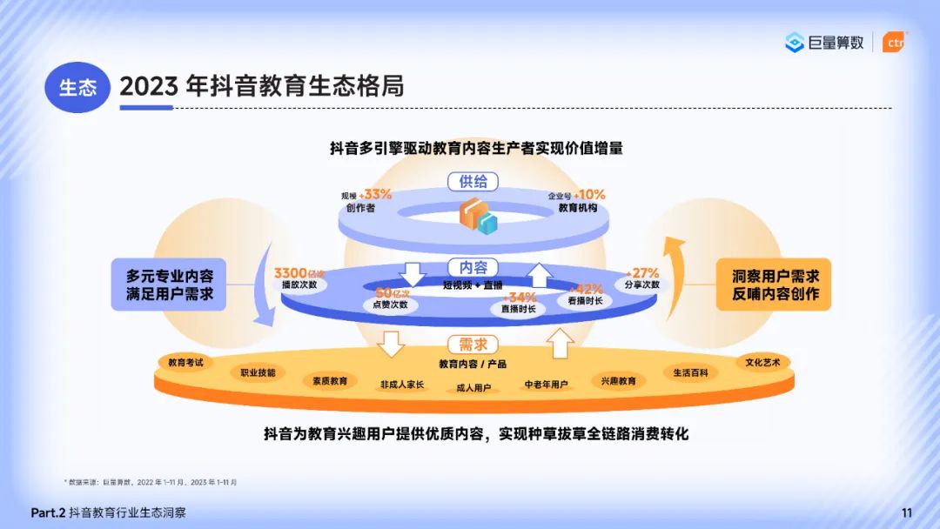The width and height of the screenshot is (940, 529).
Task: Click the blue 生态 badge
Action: click(77, 87)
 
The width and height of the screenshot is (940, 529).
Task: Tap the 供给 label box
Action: click(473, 181)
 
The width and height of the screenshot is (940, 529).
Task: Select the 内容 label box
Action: click(473, 267)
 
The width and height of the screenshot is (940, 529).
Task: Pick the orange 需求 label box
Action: click(473, 345)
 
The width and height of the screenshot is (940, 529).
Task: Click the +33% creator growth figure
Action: click(376, 194)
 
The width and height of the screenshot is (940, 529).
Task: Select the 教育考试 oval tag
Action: click(185, 362)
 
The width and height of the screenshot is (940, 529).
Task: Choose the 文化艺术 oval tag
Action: click(762, 362)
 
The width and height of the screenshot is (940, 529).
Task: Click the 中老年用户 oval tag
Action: click(546, 385)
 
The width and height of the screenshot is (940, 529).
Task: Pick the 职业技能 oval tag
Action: click(258, 372)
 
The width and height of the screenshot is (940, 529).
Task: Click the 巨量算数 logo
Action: click(824, 43)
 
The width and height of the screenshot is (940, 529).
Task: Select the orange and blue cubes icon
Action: click(478, 214)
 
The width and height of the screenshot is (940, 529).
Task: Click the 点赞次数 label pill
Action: click(391, 305)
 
